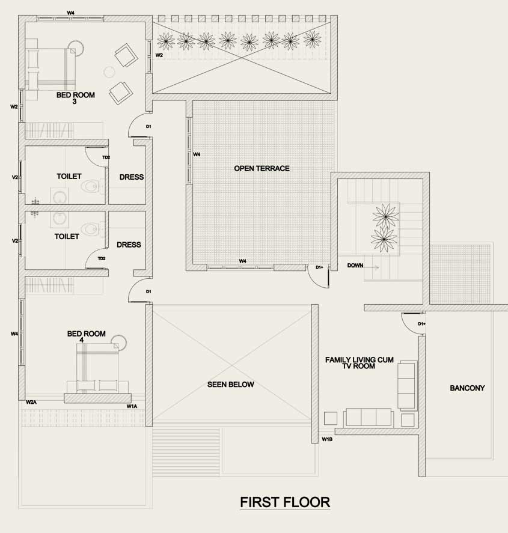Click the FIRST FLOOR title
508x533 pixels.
(285, 502)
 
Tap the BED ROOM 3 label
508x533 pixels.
(76, 98)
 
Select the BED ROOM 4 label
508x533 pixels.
(87, 337)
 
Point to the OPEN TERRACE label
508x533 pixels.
(262, 168)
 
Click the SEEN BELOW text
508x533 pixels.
(230, 385)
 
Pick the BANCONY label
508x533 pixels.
(467, 388)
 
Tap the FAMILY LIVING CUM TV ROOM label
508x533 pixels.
(360, 363)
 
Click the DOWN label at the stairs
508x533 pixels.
(355, 265)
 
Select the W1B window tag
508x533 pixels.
(327, 439)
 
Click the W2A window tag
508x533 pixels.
(31, 402)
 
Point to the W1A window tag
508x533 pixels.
(132, 406)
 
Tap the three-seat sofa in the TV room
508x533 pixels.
(369, 417)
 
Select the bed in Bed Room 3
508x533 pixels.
(50, 67)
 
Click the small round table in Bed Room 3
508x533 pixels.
(109, 72)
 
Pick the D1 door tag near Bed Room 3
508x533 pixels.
(148, 126)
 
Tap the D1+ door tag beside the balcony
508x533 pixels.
(421, 324)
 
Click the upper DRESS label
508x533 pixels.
(132, 177)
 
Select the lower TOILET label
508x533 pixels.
(67, 236)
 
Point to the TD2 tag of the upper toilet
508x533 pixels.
(106, 157)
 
